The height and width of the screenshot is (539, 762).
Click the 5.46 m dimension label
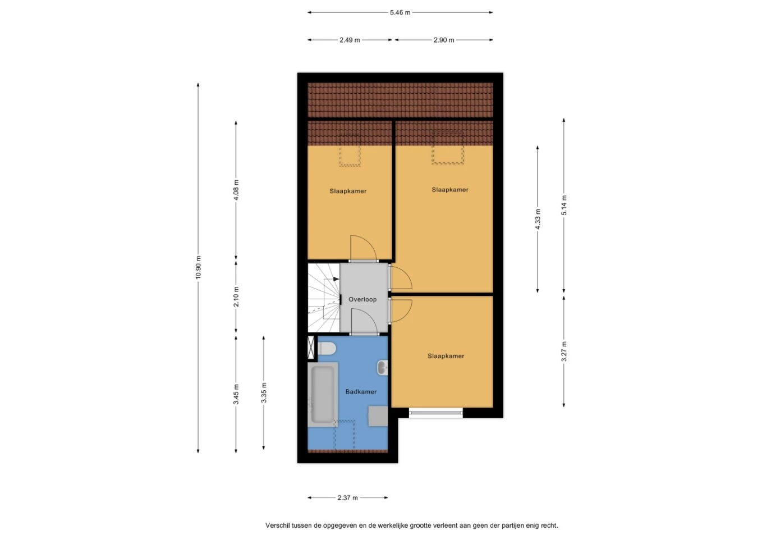(x=400, y=12)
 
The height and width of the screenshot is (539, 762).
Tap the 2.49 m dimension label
(x=350, y=40)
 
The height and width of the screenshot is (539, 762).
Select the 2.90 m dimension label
(x=444, y=40)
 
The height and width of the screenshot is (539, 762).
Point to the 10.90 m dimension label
(x=198, y=267)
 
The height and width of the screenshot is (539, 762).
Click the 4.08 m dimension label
(x=236, y=190)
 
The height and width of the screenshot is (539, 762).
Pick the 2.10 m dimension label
(x=236, y=296)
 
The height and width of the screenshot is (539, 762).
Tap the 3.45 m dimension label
(x=236, y=394)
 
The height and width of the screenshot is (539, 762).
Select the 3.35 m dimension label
(x=264, y=392)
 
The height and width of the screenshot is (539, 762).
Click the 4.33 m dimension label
(x=538, y=218)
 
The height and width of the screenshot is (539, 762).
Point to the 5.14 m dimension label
(x=564, y=205)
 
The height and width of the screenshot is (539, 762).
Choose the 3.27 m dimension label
(x=564, y=351)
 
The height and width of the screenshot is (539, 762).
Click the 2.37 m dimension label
(x=348, y=498)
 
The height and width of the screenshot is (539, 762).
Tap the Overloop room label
(x=362, y=299)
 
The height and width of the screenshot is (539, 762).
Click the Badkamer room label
(x=361, y=392)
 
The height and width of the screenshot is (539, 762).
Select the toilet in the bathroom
(x=327, y=349)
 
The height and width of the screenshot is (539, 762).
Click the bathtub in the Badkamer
(x=323, y=394)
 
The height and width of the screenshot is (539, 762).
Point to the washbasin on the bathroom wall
(x=382, y=368)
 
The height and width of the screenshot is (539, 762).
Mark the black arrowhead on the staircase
(x=336, y=279)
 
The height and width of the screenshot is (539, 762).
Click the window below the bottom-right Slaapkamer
(x=436, y=413)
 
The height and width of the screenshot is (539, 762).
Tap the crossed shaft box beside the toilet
(x=311, y=348)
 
